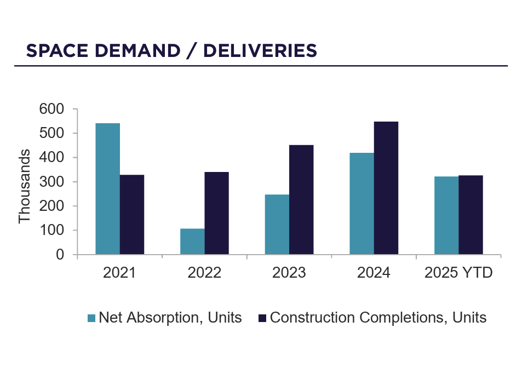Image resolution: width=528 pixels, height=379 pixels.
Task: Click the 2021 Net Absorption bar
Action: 107,189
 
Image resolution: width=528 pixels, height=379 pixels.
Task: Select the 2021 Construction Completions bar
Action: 132,215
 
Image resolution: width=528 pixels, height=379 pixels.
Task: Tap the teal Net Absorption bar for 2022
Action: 192,242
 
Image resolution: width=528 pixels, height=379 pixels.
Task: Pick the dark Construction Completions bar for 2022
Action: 216,213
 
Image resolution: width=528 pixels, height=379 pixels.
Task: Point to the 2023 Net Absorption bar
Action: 277,225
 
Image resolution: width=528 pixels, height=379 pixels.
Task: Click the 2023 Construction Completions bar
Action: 301,200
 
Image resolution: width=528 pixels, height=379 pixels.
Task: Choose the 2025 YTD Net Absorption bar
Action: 446,215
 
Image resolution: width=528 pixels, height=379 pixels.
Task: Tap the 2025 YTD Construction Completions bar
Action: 470,215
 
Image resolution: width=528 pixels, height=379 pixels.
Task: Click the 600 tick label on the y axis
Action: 52,110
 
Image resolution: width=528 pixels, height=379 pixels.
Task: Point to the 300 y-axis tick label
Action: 52,182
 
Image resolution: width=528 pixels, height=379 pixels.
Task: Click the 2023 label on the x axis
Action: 289,273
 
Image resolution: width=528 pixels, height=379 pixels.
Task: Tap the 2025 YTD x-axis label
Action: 458,273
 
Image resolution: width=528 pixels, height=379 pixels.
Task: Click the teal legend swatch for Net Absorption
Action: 92,318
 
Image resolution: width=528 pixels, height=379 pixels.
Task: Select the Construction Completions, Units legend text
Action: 378,318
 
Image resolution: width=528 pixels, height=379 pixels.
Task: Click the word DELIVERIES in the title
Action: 260,50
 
